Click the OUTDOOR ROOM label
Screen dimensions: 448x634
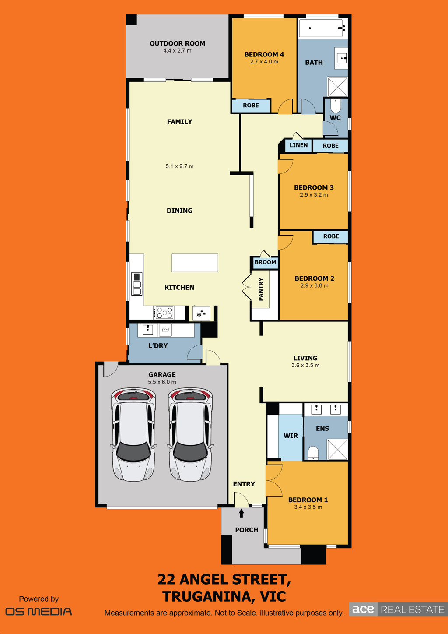(177, 43)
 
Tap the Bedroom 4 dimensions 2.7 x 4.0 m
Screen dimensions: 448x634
(264, 62)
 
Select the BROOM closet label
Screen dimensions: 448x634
(265, 262)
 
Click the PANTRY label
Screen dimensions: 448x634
(261, 289)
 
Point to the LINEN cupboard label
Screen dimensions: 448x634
(298, 145)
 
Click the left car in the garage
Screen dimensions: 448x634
(133, 434)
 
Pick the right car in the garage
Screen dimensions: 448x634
(190, 434)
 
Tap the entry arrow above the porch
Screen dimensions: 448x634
(241, 513)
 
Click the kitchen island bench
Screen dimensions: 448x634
(195, 263)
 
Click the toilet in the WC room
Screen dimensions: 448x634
(336, 105)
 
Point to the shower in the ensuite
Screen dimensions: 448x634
(337, 450)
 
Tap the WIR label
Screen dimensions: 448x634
(291, 436)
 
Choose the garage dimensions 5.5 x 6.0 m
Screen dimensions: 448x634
(162, 382)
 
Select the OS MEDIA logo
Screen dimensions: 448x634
(39, 611)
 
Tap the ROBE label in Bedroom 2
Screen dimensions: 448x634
(331, 236)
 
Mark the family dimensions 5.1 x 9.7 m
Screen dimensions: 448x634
(180, 166)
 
